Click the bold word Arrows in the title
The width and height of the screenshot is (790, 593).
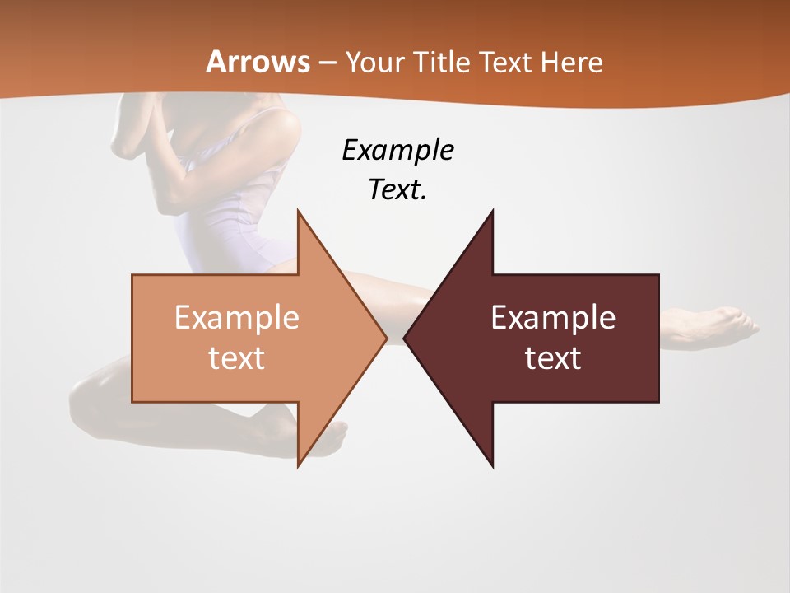258,62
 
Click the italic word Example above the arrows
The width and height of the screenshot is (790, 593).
397,151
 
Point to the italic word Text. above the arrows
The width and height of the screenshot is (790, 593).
397,189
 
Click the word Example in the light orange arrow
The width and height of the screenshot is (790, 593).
236,318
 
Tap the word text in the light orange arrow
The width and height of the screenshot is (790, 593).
236,357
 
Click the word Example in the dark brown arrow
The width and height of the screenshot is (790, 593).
553,318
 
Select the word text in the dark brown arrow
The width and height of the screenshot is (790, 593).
553,357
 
